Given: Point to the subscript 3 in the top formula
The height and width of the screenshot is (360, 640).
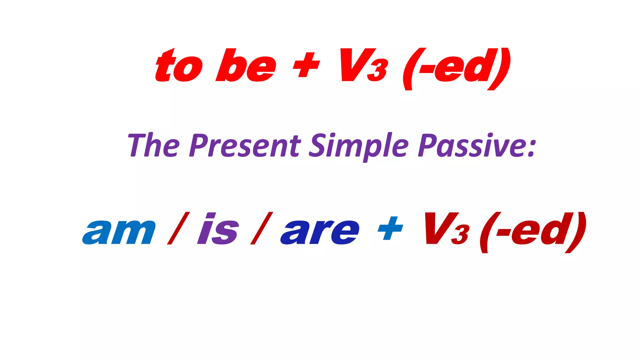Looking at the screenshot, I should (378, 70).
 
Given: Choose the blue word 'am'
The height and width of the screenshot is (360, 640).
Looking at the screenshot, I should (119, 231).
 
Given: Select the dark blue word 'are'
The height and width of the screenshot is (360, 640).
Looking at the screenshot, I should (320, 231).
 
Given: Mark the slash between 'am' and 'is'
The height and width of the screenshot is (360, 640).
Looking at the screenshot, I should (178, 228).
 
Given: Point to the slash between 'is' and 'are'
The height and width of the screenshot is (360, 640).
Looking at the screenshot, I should (262, 228).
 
